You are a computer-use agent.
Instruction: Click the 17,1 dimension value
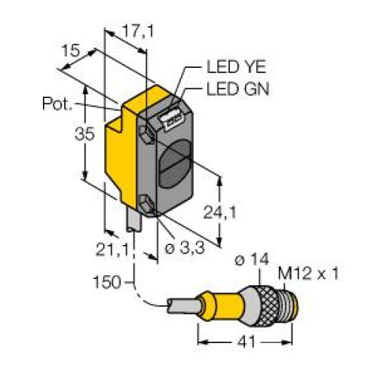point(138,32)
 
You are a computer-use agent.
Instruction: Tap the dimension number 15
point(71,51)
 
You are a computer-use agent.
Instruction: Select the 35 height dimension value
point(84,133)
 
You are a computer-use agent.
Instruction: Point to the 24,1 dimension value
point(219,213)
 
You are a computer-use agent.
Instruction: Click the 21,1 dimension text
point(112,250)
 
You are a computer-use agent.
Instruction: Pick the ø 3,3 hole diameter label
point(185,248)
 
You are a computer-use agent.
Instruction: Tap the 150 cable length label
point(107,282)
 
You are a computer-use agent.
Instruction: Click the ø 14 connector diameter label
point(252,259)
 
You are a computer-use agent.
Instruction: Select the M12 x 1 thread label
point(308,274)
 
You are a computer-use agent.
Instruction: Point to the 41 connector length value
point(246,342)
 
